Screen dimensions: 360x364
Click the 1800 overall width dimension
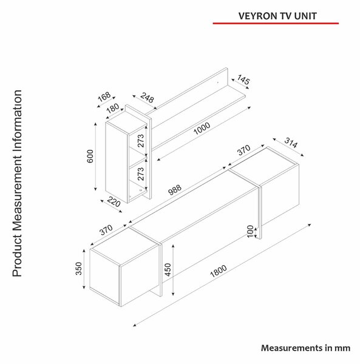[x=219, y=271]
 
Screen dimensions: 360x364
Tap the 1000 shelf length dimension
[x=202, y=129]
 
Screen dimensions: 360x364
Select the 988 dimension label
[x=175, y=190]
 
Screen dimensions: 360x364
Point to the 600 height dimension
[x=90, y=157]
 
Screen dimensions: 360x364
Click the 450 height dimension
[x=168, y=270]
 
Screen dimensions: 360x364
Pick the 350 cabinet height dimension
[x=79, y=268]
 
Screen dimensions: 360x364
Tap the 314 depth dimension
[x=291, y=143]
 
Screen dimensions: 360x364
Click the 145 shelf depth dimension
[x=243, y=79]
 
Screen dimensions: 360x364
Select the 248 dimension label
[x=147, y=98]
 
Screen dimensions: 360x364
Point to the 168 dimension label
[x=104, y=96]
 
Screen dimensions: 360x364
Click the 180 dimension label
[x=113, y=108]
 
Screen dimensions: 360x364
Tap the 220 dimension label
[x=114, y=202]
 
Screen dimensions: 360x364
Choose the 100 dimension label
[x=250, y=231]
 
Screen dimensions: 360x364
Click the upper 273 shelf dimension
[x=141, y=141]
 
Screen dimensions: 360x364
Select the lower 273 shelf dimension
[x=141, y=174]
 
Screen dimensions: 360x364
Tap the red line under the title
[x=276, y=23]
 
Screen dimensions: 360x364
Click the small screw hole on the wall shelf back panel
[x=218, y=82]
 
